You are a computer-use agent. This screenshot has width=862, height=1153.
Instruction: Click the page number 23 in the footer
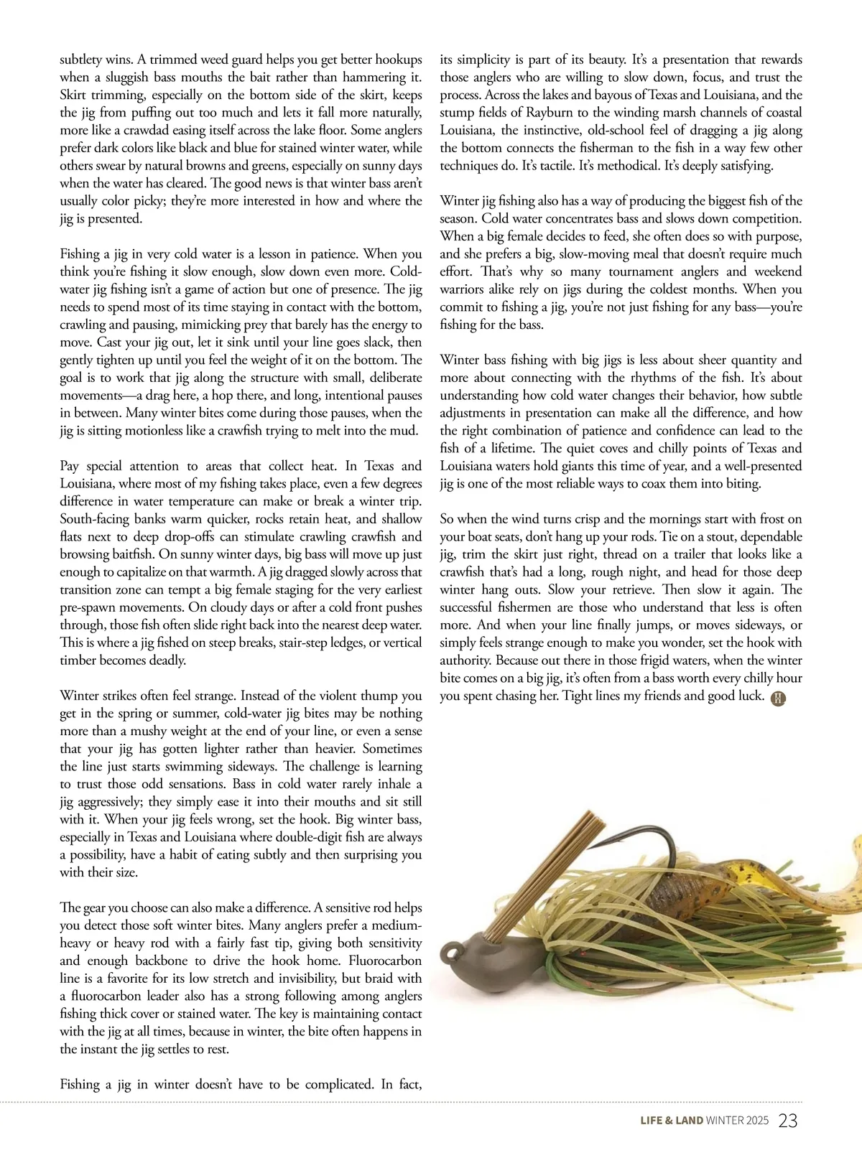click(788, 1121)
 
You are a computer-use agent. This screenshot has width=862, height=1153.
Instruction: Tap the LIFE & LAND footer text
click(672, 1121)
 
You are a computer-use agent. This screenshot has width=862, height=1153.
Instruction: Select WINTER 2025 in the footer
click(737, 1121)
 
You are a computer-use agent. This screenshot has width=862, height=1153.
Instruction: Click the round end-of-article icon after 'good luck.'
click(778, 698)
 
